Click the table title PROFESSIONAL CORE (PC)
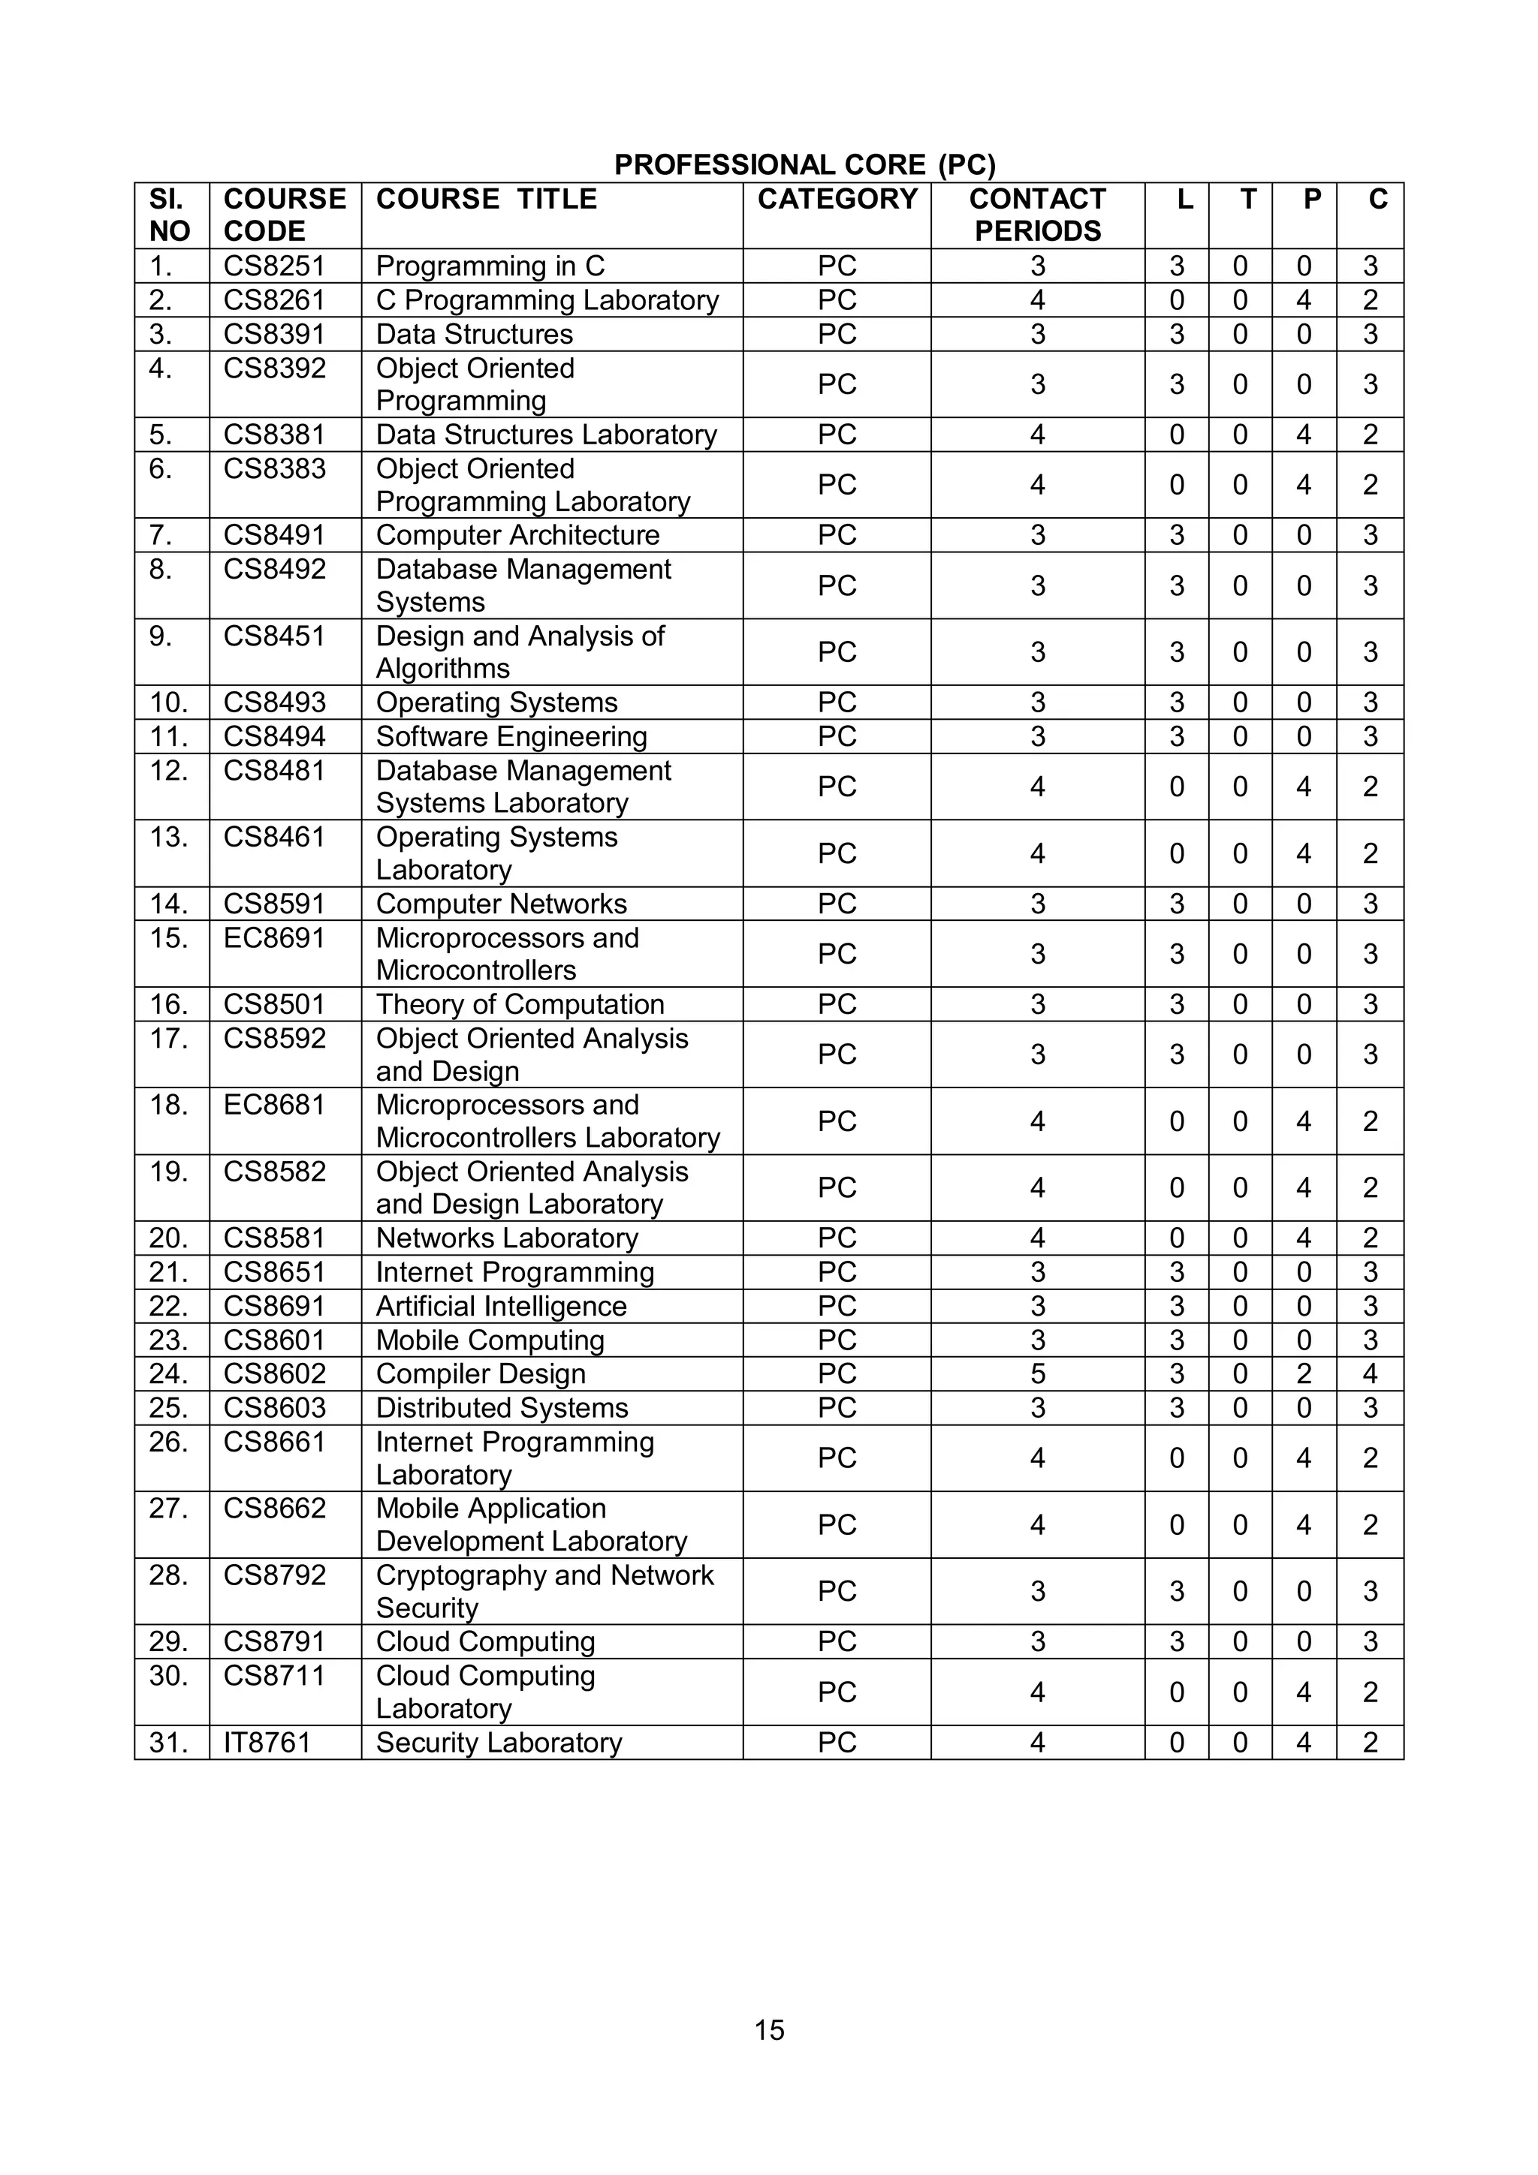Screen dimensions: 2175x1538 coord(804,165)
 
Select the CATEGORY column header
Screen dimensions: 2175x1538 coord(837,199)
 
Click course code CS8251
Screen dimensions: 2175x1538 coord(274,266)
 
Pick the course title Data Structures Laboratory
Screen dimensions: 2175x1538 coord(546,435)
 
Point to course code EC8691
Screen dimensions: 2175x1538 coord(274,938)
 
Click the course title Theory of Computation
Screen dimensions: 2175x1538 coord(519,1004)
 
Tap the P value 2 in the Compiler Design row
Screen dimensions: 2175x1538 coord(1304,1373)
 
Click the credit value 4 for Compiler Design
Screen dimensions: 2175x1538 coord(1369,1373)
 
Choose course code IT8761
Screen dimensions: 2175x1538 coord(267,1742)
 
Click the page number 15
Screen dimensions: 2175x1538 coord(768,2030)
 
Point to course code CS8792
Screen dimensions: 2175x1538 coord(274,1575)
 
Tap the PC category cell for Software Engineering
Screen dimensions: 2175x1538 coord(837,736)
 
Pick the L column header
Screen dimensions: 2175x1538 coord(1184,199)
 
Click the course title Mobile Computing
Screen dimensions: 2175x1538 coord(489,1340)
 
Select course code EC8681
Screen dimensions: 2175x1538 coord(274,1105)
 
